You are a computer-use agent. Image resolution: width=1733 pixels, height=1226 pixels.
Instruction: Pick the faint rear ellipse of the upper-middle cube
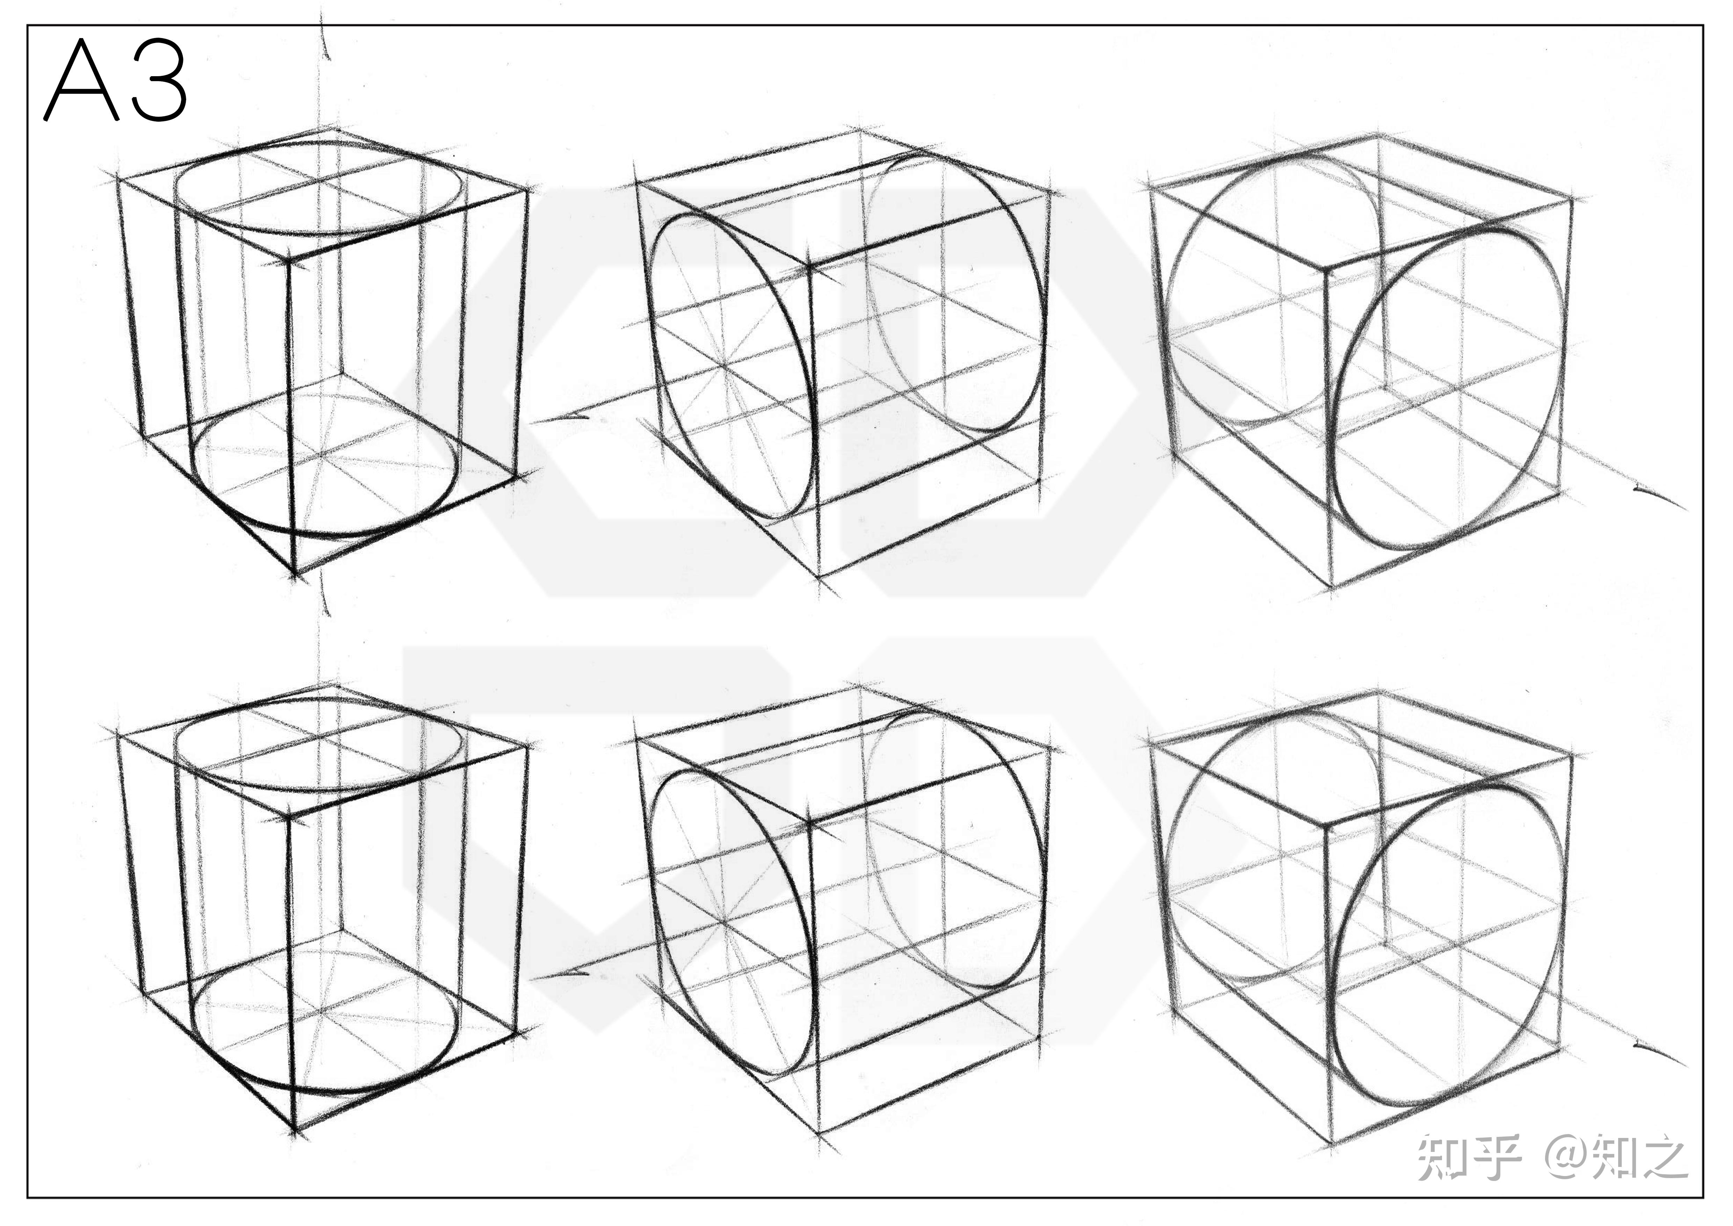click(1046, 302)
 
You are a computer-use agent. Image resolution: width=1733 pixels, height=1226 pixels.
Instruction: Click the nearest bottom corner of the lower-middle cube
click(819, 1132)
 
